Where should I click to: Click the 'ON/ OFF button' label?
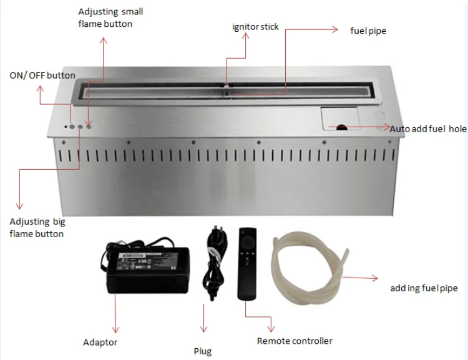(x=42, y=75)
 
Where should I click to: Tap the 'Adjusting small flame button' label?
(x=105, y=18)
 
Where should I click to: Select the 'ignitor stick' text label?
(x=255, y=27)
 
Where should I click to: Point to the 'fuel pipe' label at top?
(x=368, y=31)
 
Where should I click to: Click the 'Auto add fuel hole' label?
(x=428, y=129)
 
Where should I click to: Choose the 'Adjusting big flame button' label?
(x=37, y=228)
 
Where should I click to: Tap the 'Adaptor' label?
(x=100, y=342)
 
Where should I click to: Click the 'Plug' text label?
(x=202, y=351)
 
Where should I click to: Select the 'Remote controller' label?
(x=295, y=341)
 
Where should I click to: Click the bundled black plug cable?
(x=213, y=262)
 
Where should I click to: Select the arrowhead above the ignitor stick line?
(x=246, y=36)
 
